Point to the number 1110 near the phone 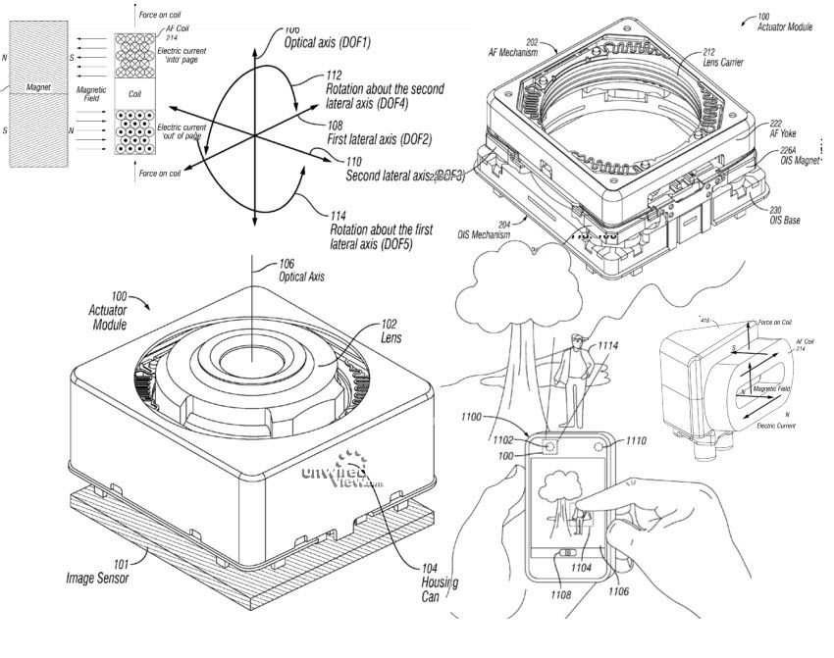click(x=636, y=442)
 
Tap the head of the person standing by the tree click(x=577, y=342)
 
